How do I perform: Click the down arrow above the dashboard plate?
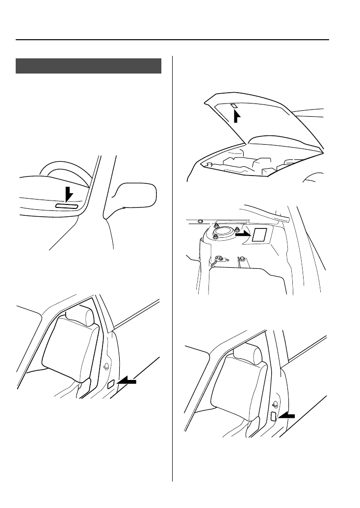(x=70, y=194)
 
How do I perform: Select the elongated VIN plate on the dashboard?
(x=67, y=206)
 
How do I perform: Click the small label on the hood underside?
(x=234, y=105)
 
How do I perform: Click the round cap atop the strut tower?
(x=225, y=232)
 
